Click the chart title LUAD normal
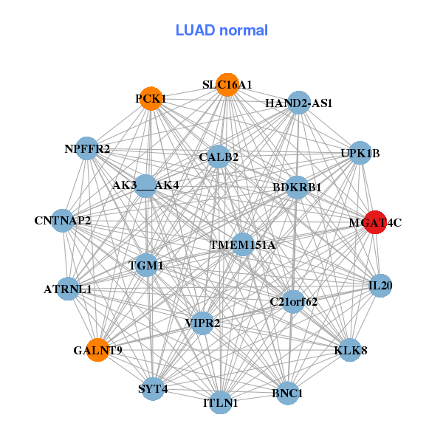tap(221, 30)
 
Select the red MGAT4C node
tap(376, 221)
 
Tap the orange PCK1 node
tap(149, 99)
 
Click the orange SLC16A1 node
tap(227, 85)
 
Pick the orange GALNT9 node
tap(97, 349)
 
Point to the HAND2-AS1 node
tap(298, 103)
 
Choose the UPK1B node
tap(360, 153)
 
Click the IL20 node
tap(380, 286)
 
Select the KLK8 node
tap(350, 349)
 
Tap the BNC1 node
tap(287, 392)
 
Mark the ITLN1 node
tap(221, 402)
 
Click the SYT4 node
tap(153, 388)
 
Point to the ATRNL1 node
tap(67, 289)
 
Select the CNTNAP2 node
tap(63, 220)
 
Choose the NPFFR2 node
tap(87, 149)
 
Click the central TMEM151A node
tap(242, 244)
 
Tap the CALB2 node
tap(219, 157)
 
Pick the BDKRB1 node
tap(297, 187)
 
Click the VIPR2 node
tap(202, 322)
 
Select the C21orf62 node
tap(293, 301)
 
